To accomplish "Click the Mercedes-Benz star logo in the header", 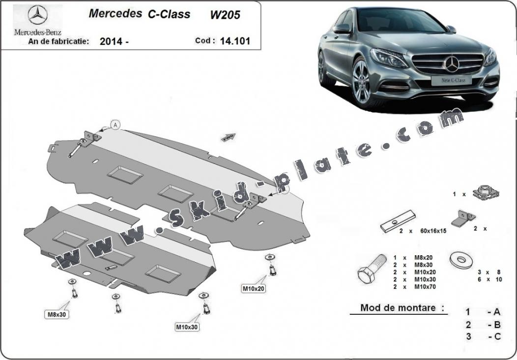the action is [x=37, y=15].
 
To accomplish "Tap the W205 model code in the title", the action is [x=225, y=15].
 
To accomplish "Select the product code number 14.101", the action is [x=235, y=41].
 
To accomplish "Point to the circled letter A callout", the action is [x=115, y=125].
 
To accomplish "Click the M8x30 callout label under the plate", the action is [x=57, y=314].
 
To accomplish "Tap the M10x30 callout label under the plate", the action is [x=187, y=327].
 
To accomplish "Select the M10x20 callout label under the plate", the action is [x=254, y=289].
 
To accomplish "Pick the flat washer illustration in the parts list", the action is [x=460, y=260].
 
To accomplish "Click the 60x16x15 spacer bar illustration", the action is [x=398, y=221].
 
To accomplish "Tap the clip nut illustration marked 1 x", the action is [x=486, y=193].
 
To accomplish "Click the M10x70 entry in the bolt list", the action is [x=425, y=287].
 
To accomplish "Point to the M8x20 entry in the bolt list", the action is [x=423, y=258].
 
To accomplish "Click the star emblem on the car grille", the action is [x=452, y=63].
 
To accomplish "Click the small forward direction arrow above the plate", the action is [x=229, y=137].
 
